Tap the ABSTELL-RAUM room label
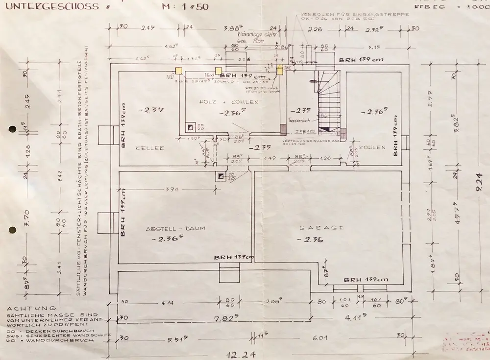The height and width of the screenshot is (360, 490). coord(175,229)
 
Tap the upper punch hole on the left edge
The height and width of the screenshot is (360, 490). coord(12,129)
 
